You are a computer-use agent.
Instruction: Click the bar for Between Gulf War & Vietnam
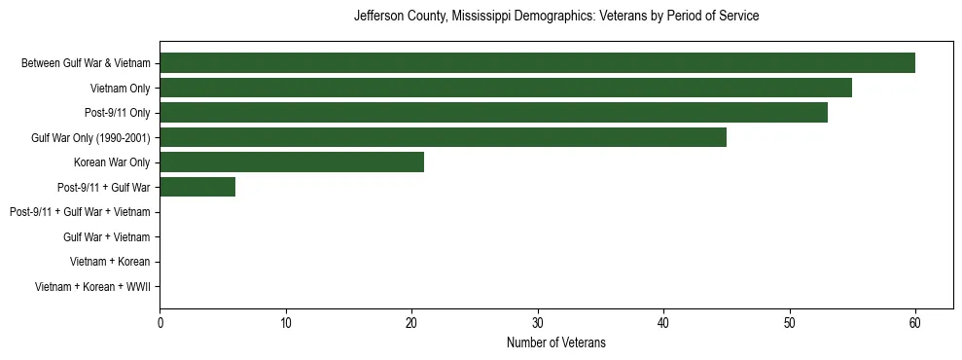(537, 63)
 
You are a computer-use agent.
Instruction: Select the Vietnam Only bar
(506, 88)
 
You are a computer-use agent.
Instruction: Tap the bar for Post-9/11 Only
(493, 113)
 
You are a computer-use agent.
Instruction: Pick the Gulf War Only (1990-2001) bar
(443, 137)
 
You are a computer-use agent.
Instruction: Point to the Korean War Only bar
(292, 162)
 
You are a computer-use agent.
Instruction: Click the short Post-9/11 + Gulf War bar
(197, 187)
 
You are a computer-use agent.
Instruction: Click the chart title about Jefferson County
(556, 17)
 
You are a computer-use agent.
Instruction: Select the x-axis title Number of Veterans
(556, 342)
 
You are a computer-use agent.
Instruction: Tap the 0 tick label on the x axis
(160, 323)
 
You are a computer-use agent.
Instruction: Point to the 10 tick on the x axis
(286, 323)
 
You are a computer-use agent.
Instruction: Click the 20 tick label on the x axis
(411, 323)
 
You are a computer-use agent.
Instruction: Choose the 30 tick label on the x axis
(538, 323)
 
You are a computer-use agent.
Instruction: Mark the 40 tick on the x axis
(663, 323)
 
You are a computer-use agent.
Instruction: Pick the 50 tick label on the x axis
(790, 323)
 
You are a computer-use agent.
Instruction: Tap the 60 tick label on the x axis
(915, 323)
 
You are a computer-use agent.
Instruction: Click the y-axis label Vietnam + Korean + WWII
(92, 287)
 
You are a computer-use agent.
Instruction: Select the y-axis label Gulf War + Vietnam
(106, 237)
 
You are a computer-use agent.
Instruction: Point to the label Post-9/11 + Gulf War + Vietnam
(80, 212)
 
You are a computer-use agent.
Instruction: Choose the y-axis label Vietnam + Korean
(110, 262)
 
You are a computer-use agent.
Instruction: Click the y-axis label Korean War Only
(112, 162)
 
